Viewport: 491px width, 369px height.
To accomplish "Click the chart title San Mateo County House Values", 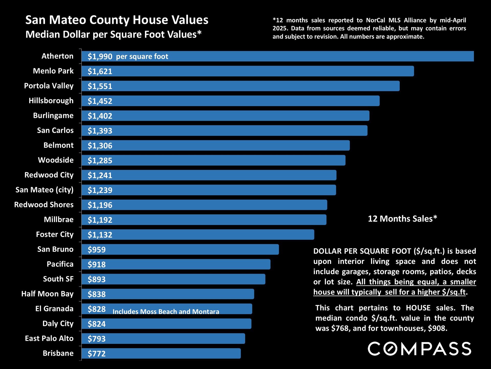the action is pos(117,20).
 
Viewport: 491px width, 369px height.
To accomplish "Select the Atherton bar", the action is pos(278,56).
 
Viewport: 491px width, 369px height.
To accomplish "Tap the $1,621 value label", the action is pos(100,71).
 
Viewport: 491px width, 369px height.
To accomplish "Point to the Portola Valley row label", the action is pos(49,86).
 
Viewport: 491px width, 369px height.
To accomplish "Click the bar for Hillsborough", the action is pos(231,101).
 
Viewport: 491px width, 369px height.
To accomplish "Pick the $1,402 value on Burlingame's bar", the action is pos(100,116).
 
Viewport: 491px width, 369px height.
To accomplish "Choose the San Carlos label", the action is pos(55,130).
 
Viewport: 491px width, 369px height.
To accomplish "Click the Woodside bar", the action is pos(214,160).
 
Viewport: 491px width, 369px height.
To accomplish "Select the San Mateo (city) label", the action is pos(44,190).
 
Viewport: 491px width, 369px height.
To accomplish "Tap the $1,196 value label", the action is pos(100,205).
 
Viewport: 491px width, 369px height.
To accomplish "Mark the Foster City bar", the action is pos(198,235).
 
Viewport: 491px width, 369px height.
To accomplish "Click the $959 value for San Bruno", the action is pos(97,250).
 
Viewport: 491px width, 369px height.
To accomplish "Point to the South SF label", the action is pos(58,279).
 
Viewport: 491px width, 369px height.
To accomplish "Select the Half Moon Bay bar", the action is pos(168,294).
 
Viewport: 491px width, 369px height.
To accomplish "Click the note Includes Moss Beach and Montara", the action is pos(166,311).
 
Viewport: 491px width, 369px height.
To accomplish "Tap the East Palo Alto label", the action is pos(49,338).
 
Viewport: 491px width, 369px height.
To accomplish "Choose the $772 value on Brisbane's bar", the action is pos(97,354).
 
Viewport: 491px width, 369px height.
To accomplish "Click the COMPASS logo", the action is pos(419,349).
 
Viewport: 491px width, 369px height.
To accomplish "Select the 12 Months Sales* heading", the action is pos(403,219).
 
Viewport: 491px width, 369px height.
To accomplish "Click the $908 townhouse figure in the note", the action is pos(438,328).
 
